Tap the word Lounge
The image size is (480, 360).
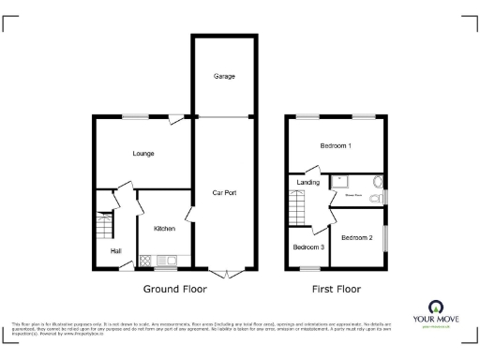(142, 153)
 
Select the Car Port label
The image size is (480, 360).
(223, 193)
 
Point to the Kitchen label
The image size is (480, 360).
(164, 229)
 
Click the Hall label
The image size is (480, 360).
(116, 251)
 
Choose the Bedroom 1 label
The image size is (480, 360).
(335, 146)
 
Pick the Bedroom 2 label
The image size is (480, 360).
(357, 238)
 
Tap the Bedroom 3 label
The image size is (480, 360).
(308, 247)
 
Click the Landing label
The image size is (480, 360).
(308, 183)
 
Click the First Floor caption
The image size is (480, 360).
(335, 290)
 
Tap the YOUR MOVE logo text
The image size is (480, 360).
(436, 320)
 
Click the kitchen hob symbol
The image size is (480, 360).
(146, 260)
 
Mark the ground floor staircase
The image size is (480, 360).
(103, 225)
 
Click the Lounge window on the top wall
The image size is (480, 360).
(134, 115)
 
